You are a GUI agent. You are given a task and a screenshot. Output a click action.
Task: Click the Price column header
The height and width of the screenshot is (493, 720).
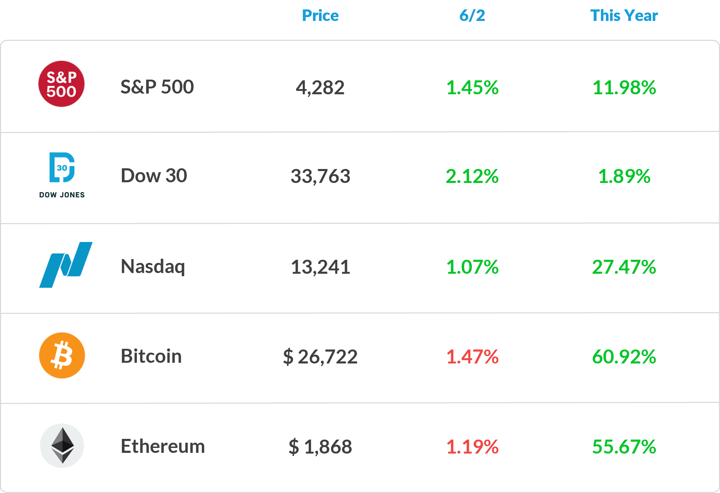coord(320,16)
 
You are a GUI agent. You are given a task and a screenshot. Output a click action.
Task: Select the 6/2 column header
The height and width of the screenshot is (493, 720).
coord(472,16)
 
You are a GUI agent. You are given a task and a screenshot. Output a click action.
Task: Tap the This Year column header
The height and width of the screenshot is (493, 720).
coord(624,16)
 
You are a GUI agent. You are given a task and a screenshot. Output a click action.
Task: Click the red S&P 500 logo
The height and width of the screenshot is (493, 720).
coord(61,84)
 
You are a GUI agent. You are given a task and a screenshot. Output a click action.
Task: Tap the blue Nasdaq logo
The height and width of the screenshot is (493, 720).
coord(66,265)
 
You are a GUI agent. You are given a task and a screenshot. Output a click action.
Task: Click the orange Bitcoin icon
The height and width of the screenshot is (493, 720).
coord(62,355)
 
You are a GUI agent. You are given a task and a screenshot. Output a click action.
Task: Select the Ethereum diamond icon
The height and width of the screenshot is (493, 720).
coord(62,446)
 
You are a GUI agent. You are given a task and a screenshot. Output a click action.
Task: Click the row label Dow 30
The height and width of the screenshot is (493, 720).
coord(154,175)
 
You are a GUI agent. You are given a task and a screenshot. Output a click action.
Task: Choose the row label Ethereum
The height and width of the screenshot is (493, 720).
coord(163,446)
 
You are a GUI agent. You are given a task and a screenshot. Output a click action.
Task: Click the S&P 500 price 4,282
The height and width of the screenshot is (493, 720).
coord(320,88)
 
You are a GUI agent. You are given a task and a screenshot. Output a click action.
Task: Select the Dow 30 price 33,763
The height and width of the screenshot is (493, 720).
coord(320,176)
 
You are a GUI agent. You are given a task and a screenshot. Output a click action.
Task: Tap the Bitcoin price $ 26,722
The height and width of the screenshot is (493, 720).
coord(320,357)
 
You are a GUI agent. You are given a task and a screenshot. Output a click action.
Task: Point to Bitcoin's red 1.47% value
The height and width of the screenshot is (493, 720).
coord(472,357)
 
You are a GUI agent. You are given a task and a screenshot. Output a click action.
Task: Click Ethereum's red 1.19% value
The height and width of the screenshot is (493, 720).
coord(472,447)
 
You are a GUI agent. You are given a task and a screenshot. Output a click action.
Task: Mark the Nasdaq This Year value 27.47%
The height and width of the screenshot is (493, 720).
coord(624,267)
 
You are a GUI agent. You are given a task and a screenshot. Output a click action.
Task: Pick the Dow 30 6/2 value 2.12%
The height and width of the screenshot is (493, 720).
coord(472,176)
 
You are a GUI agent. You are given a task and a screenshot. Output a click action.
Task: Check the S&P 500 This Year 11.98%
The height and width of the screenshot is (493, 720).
coord(624,88)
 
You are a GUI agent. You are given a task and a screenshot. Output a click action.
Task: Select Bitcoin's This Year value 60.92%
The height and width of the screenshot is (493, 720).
coord(624,357)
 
